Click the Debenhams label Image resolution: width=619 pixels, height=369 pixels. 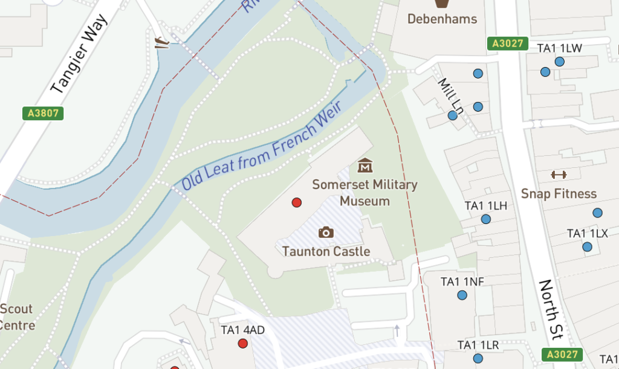click(x=442, y=19)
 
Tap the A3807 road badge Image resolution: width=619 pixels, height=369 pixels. click(x=42, y=113)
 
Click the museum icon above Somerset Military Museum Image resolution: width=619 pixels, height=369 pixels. click(x=365, y=165)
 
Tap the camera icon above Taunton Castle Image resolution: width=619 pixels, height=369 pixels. click(x=326, y=232)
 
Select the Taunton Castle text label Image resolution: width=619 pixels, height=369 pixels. click(x=326, y=251)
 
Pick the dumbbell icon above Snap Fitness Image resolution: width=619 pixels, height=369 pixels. click(x=559, y=175)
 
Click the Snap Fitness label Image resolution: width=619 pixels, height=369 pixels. click(x=559, y=194)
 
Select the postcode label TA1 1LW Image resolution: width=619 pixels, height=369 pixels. click(x=559, y=48)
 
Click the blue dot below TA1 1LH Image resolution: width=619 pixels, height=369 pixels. click(x=485, y=219)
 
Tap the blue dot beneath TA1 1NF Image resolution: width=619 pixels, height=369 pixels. click(x=462, y=295)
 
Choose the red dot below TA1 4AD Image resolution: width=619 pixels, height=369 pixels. click(x=243, y=344)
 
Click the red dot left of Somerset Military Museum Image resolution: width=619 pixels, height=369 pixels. click(x=297, y=202)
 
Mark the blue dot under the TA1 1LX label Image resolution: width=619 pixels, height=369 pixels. click(x=587, y=247)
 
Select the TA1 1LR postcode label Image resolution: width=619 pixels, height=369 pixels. click(x=478, y=345)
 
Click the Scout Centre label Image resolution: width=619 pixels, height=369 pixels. click(x=16, y=317)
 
